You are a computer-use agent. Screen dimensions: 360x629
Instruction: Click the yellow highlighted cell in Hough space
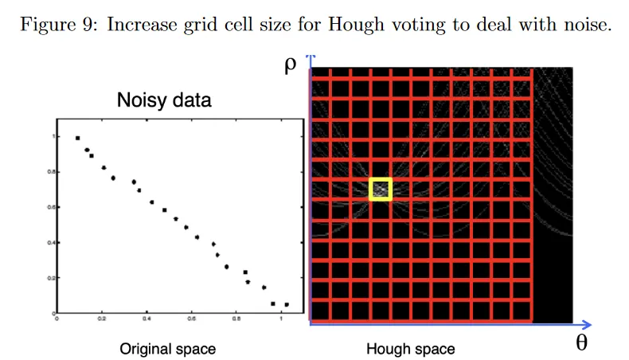coord(381,189)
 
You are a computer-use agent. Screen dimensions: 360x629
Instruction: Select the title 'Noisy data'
coord(164,100)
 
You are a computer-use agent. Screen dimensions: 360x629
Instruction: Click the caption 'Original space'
coord(167,349)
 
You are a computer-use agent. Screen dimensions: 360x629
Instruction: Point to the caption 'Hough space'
coord(411,349)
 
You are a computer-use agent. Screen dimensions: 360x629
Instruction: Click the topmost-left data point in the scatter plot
coord(77,138)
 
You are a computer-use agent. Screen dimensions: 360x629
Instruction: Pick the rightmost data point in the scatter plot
coord(287,304)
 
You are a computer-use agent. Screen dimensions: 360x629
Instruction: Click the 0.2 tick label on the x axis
coord(101,320)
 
